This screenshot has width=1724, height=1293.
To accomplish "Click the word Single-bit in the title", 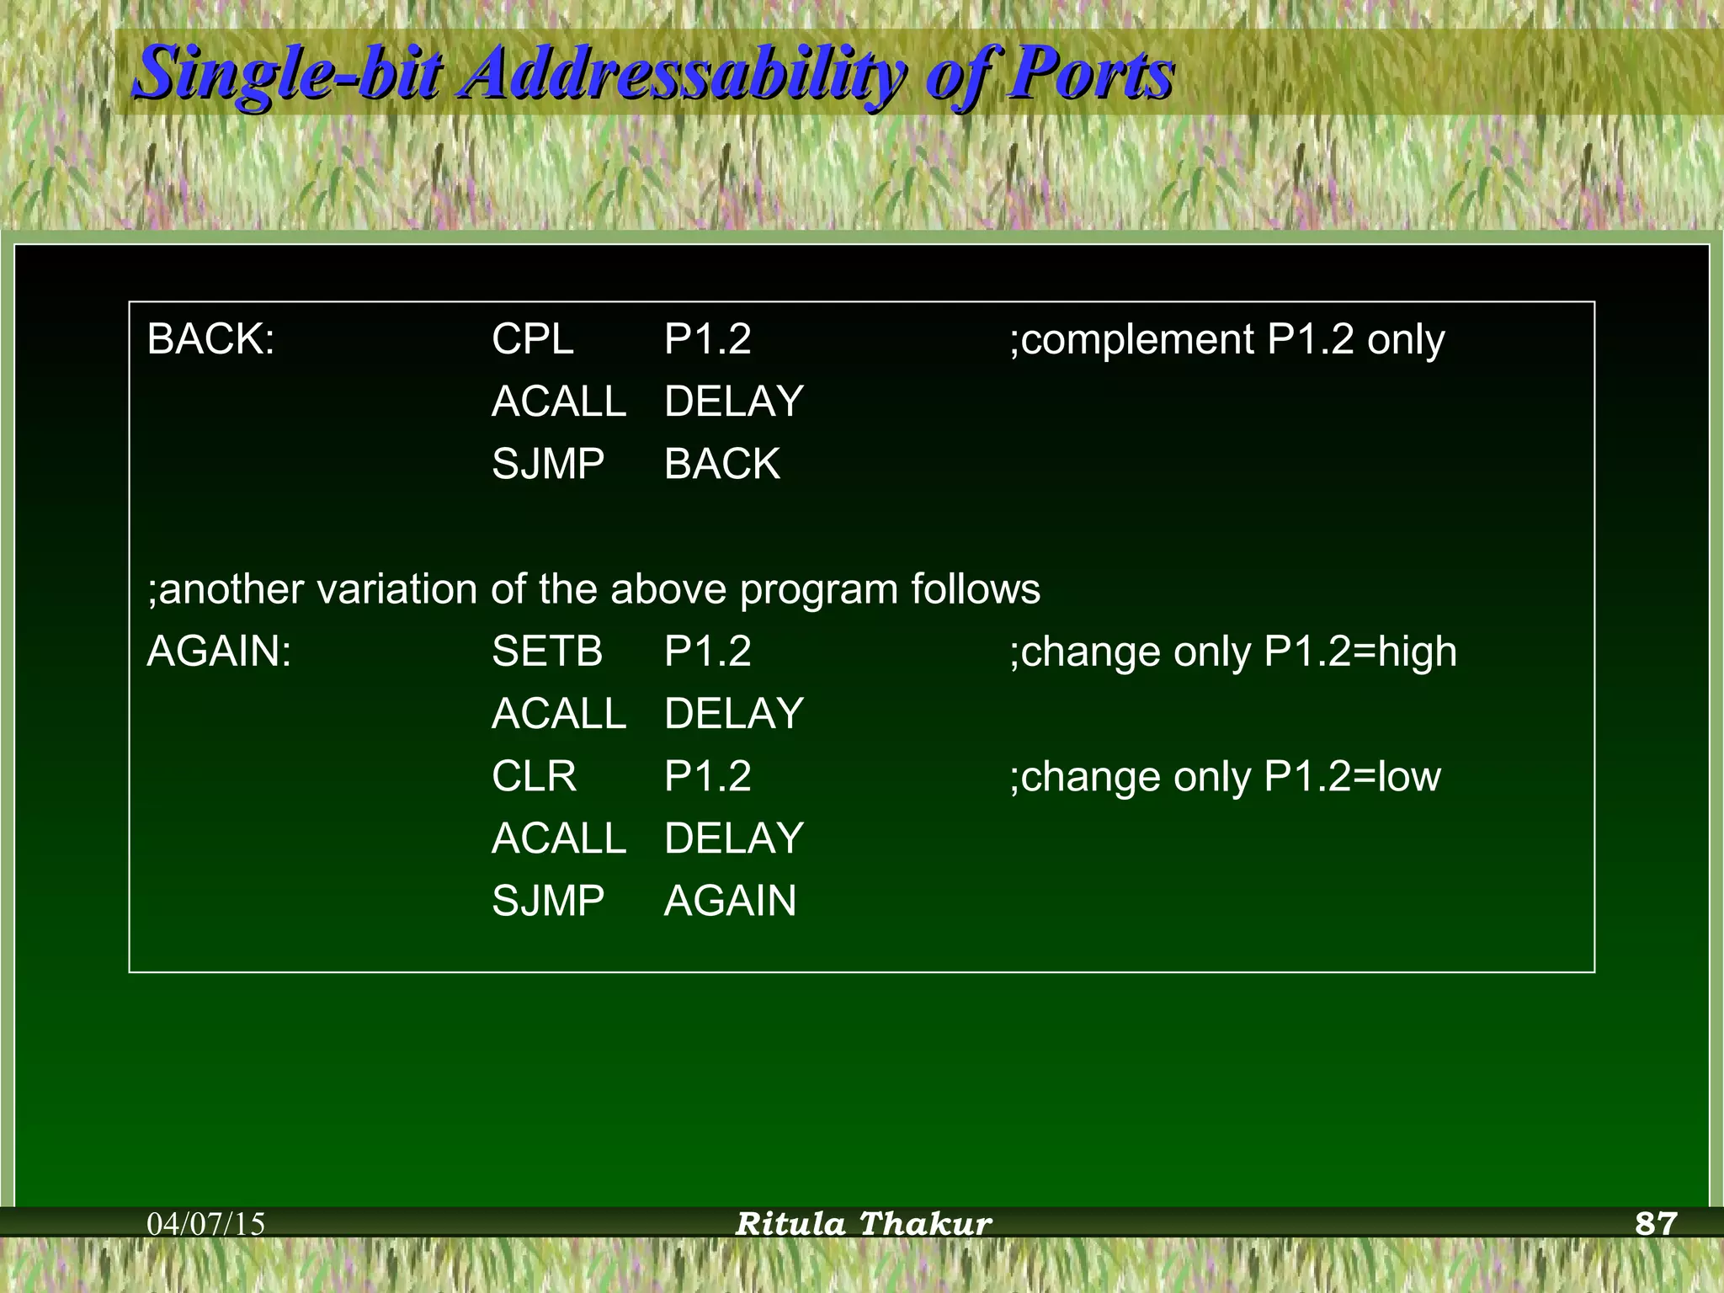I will point(286,74).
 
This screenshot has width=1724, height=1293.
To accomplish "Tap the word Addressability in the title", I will point(682,74).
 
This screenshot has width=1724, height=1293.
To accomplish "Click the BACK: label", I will point(210,340).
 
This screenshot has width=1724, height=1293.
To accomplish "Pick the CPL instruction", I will point(532,340).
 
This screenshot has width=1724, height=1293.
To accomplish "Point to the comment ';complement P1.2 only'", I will point(1226,340).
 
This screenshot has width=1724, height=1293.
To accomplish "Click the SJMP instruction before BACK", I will point(548,464).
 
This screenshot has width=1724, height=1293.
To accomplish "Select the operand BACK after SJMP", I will point(722,464).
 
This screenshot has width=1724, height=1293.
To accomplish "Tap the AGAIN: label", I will point(219,652).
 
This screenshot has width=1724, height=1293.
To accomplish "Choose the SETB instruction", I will point(547,652).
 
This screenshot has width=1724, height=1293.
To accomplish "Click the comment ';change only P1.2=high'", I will point(1232,652).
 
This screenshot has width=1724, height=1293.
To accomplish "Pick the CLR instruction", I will point(534,776).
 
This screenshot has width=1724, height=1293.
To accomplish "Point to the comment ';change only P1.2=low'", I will point(1225,776).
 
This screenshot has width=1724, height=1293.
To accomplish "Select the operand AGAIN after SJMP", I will point(730,901).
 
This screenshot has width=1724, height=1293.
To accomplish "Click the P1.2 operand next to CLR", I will point(707,776).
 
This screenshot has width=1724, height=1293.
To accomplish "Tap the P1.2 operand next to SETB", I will point(707,652).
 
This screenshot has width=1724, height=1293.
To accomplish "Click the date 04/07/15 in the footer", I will point(206,1224).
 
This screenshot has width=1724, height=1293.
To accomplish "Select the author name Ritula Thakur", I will point(864,1224).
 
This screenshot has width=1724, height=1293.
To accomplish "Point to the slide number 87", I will point(1656,1223).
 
